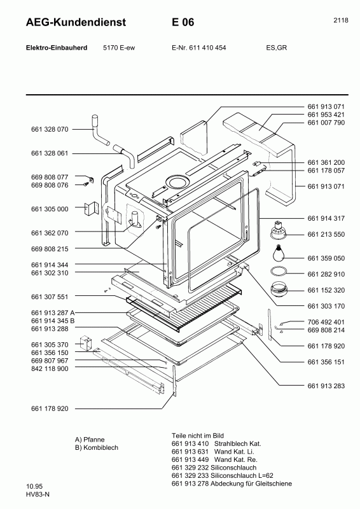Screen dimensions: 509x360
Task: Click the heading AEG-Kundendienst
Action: coord(67,23)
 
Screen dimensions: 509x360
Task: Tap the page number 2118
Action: coord(340,20)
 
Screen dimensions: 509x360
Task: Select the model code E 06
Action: coord(183,23)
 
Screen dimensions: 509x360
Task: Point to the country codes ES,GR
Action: coord(276,48)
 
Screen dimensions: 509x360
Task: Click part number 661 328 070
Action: coord(49,129)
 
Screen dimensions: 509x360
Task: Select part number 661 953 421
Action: coord(326,115)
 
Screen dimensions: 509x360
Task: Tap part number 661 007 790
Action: coord(326,123)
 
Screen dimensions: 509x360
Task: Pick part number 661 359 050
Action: coord(326,258)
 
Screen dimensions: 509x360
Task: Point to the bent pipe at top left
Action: coord(98,130)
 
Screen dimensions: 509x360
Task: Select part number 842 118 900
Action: coord(49,369)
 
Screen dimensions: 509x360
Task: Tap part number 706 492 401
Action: coord(326,322)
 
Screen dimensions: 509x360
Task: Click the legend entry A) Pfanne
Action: coord(93,439)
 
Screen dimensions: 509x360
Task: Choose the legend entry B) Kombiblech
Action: coord(97,447)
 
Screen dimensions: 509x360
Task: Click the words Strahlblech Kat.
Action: coord(235,443)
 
